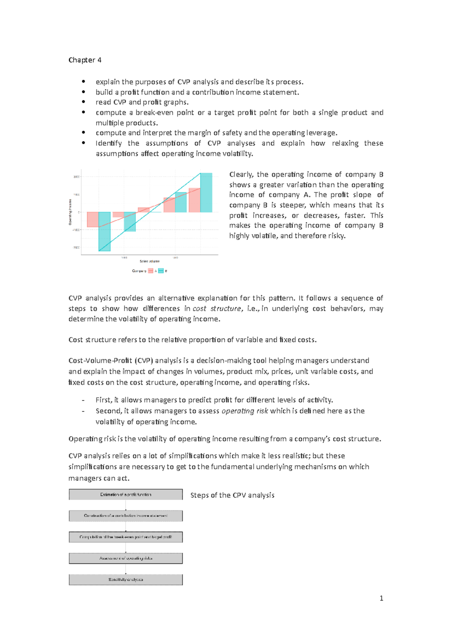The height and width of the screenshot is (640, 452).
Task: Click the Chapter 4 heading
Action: (85, 60)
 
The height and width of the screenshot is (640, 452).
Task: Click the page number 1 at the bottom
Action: (381, 598)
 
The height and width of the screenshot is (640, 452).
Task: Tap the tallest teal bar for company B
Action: (206, 193)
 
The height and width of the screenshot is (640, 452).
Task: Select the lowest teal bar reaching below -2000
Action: (104, 231)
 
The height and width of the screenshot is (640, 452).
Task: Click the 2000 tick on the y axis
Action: (76, 177)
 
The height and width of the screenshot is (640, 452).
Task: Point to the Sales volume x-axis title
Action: (150, 261)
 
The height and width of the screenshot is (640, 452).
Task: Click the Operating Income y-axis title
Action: (70, 212)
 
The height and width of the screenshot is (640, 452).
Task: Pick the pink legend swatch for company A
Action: (151, 271)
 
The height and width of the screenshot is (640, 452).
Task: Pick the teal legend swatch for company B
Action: (161, 271)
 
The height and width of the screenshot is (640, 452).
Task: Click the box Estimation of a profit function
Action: (125, 495)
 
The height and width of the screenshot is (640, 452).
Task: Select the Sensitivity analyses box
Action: (125, 580)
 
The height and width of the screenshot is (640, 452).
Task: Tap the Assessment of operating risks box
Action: (125, 558)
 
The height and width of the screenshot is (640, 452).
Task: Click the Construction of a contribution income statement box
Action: (125, 516)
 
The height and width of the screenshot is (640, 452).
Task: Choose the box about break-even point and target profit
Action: (125, 537)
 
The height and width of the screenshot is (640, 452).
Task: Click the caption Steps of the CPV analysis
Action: (232, 495)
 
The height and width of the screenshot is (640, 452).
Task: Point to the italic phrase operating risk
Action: (244, 411)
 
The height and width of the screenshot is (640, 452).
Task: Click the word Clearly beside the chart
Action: (241, 175)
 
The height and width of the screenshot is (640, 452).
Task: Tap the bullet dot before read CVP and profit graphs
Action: (83, 102)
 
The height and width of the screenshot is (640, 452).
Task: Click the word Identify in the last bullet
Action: (108, 143)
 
